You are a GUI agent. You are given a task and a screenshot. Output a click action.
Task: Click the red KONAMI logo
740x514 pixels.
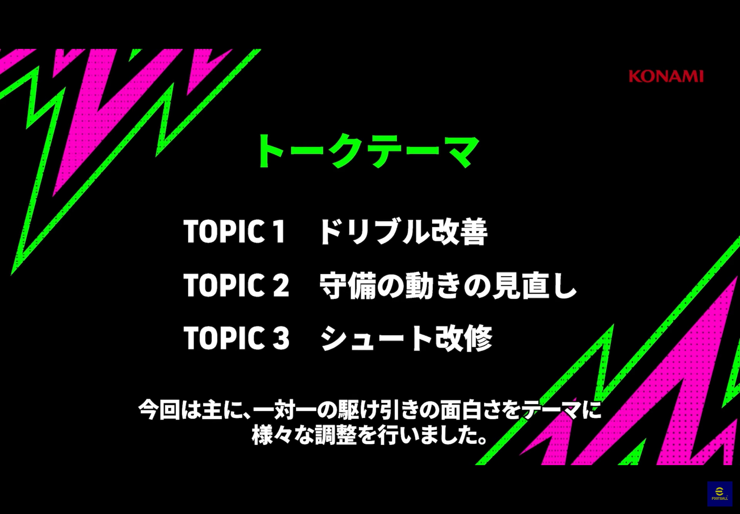(x=666, y=76)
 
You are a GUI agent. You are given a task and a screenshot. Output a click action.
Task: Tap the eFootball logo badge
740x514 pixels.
(x=720, y=494)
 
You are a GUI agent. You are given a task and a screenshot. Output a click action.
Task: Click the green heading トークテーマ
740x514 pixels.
(x=367, y=151)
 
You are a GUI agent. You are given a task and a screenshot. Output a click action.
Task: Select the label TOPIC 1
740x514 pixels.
(x=234, y=231)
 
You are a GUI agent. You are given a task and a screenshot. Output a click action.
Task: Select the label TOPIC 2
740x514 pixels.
(x=236, y=285)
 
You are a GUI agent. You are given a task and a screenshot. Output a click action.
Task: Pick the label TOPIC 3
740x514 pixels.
(x=236, y=338)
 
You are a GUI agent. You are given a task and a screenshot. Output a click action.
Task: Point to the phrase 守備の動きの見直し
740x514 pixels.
(x=448, y=285)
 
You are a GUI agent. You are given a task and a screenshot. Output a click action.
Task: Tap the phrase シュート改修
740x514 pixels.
(x=406, y=338)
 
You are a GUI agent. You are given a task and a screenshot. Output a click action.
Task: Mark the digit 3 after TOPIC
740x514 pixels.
(x=281, y=338)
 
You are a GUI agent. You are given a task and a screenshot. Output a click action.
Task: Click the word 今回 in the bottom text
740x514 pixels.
(x=159, y=410)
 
